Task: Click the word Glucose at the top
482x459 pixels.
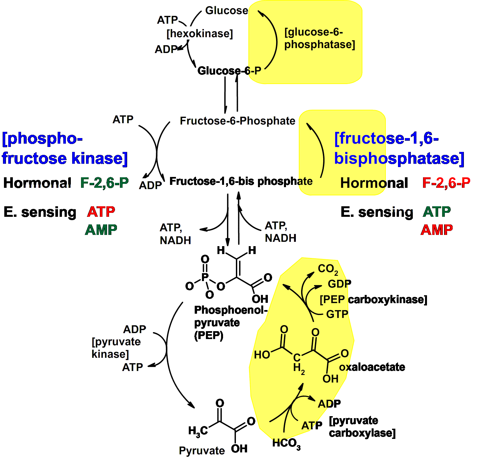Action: (226, 11)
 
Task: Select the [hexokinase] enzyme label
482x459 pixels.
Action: (200, 34)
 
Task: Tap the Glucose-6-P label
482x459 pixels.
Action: (229, 71)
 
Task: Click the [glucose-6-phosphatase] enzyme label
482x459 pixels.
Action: (320, 38)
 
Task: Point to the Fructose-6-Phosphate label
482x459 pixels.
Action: (237, 121)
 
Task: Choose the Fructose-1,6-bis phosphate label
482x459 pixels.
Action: (241, 181)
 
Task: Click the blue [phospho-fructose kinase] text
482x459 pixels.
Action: (65, 148)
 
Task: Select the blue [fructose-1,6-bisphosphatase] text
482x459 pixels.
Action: (399, 148)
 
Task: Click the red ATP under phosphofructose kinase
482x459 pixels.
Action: (101, 212)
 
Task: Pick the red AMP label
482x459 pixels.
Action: (437, 230)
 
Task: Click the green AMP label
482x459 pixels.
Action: (101, 230)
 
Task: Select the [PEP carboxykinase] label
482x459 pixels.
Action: (373, 300)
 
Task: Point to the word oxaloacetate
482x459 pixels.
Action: (372, 367)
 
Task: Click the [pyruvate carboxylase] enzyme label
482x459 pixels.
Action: (362, 427)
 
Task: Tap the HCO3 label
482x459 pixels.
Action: (286, 444)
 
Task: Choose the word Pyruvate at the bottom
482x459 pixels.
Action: (202, 450)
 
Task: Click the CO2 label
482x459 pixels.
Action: (327, 269)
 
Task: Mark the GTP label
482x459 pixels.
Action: (337, 314)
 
